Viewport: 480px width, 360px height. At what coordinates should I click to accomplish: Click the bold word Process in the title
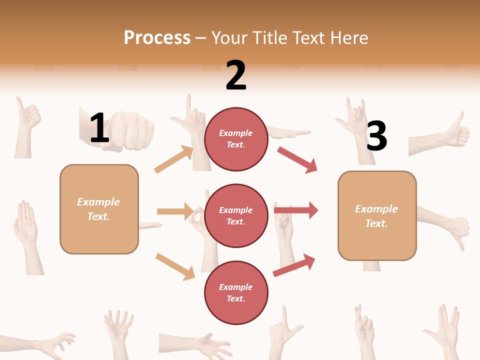[157, 38]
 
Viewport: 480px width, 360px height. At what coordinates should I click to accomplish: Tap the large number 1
[99, 128]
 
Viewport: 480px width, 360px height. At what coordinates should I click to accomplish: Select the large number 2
[236, 76]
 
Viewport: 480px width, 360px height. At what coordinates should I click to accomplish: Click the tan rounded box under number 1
[99, 209]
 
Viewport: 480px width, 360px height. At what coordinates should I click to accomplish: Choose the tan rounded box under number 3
[377, 215]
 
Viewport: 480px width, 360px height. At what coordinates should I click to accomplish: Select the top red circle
[236, 139]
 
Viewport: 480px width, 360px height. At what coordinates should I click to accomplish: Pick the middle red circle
[236, 215]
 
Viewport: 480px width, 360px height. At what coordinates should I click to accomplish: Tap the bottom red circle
[236, 292]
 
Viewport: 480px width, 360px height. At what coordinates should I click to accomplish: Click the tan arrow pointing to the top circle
[174, 159]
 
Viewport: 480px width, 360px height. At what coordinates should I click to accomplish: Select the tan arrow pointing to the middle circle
[175, 211]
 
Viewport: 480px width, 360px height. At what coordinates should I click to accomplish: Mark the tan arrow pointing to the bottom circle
[175, 266]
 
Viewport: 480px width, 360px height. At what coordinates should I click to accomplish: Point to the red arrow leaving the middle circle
[296, 210]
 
